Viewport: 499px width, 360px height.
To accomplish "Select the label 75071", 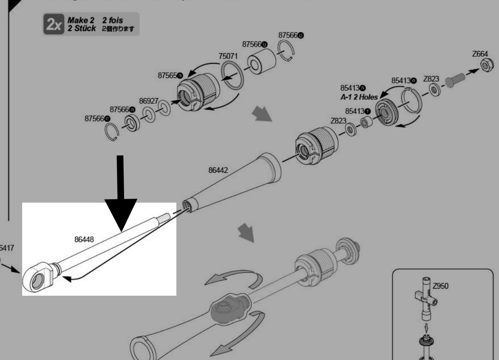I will click(229, 56).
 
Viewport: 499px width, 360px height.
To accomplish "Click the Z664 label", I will click(480, 54).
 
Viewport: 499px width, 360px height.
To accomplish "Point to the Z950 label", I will click(441, 286).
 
